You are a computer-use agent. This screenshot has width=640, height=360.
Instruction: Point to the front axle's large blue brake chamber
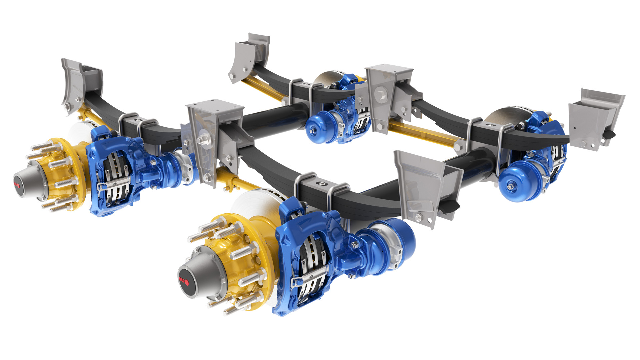coord(397,240)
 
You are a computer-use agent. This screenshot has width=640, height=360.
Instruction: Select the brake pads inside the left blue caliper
coord(115,177)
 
